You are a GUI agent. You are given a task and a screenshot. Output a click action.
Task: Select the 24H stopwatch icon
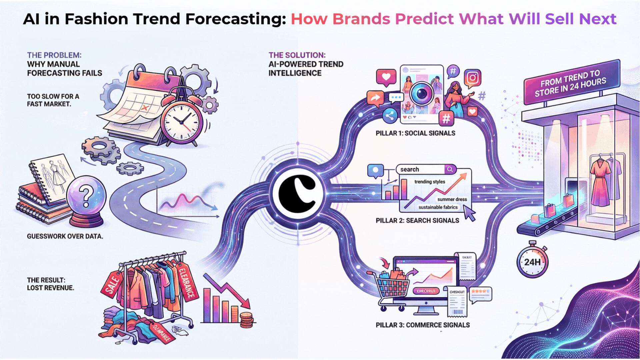(x=532, y=262)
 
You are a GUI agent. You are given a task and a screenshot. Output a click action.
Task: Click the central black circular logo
(x=298, y=194)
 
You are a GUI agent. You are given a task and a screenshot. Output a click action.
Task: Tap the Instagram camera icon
(x=472, y=78)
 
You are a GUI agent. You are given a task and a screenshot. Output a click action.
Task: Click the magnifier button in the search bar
(x=450, y=169)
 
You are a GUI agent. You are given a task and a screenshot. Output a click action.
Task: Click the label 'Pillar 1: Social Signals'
(x=415, y=133)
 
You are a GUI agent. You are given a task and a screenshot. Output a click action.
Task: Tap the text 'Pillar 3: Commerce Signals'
(x=423, y=325)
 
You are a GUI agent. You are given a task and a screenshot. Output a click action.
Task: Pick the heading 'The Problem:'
(x=54, y=55)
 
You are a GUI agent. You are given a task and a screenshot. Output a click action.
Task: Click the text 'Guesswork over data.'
(x=65, y=236)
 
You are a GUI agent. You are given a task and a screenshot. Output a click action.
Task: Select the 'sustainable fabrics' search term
(x=438, y=207)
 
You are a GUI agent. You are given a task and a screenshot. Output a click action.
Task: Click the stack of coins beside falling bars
(x=247, y=320)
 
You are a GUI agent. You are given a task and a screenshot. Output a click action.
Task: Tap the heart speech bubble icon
(x=386, y=77)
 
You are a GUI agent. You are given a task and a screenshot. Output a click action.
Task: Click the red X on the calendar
(x=145, y=108)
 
